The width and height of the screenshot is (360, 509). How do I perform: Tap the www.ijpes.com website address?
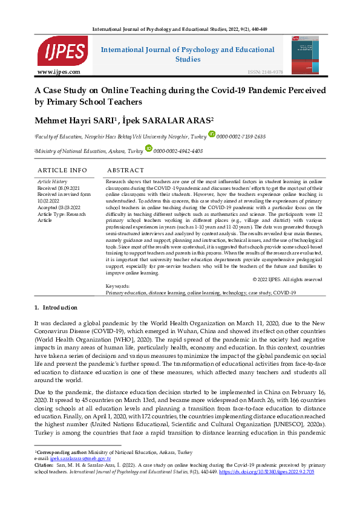pyautogui.click(x=59, y=72)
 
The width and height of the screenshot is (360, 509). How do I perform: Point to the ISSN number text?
pyautogui.click(x=264, y=72)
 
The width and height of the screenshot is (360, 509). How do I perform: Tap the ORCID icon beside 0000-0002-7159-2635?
pyautogui.click(x=212, y=134)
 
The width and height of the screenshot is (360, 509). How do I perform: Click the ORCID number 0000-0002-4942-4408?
pyautogui.click(x=178, y=151)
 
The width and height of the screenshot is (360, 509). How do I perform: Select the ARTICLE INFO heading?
pyautogui.click(x=62, y=170)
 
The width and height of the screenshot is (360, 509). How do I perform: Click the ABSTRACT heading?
pyautogui.click(x=125, y=170)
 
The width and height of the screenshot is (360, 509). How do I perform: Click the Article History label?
pyautogui.click(x=53, y=181)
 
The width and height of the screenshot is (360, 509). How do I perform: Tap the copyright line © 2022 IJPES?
pyautogui.click(x=287, y=279)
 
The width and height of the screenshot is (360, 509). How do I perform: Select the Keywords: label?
pyautogui.click(x=117, y=286)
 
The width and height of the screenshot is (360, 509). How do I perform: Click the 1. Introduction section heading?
pyautogui.click(x=56, y=308)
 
